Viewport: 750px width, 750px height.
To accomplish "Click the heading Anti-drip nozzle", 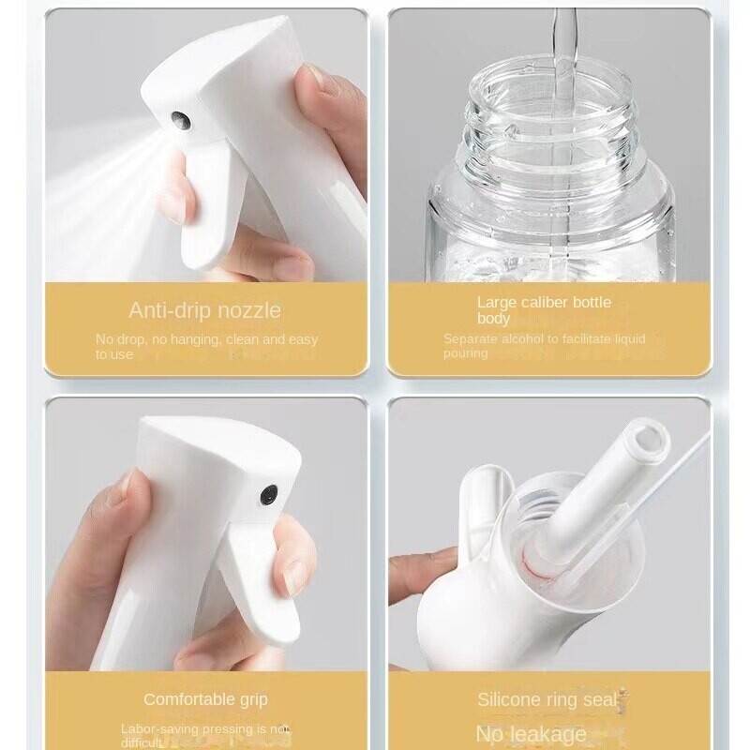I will (204, 310).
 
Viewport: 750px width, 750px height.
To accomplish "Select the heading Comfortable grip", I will (205, 699).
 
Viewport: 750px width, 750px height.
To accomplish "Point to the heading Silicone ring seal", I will (548, 699).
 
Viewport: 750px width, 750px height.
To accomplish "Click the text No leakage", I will (531, 733).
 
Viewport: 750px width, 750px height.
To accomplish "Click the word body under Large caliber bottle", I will (494, 319).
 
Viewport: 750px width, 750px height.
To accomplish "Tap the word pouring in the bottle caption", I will (466, 353).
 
